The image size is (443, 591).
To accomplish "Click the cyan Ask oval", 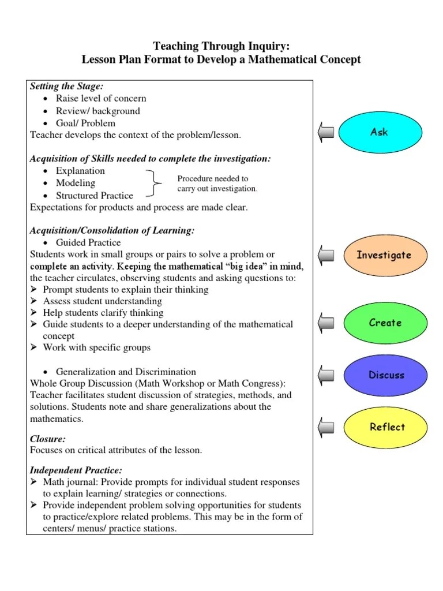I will [x=379, y=132].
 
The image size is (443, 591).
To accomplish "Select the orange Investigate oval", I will [x=384, y=255].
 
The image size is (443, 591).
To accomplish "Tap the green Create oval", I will [x=385, y=323].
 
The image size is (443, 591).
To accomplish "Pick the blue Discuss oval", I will [x=386, y=375].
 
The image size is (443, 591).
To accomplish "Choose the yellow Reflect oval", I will [x=386, y=427].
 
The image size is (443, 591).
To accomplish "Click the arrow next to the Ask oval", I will [x=325, y=133].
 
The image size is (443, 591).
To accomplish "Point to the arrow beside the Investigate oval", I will [x=325, y=255].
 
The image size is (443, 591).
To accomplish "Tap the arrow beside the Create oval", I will [x=325, y=323].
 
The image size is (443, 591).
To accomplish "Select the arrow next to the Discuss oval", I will [x=325, y=375].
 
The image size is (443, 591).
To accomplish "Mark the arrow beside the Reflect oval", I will [x=325, y=427].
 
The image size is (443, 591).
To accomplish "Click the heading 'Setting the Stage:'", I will [x=66, y=87].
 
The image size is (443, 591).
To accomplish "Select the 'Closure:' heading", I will [x=48, y=439].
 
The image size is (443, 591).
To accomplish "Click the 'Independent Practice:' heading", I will [x=76, y=470].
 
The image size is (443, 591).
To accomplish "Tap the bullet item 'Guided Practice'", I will [x=88, y=242].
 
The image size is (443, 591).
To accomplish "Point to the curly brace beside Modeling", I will [x=156, y=184].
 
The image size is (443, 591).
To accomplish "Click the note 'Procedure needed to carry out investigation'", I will [x=217, y=184].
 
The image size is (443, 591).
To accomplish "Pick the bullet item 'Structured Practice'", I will [x=94, y=195].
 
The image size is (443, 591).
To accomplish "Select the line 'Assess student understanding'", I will [x=102, y=301].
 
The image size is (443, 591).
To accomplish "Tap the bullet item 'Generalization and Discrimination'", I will [x=126, y=372].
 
